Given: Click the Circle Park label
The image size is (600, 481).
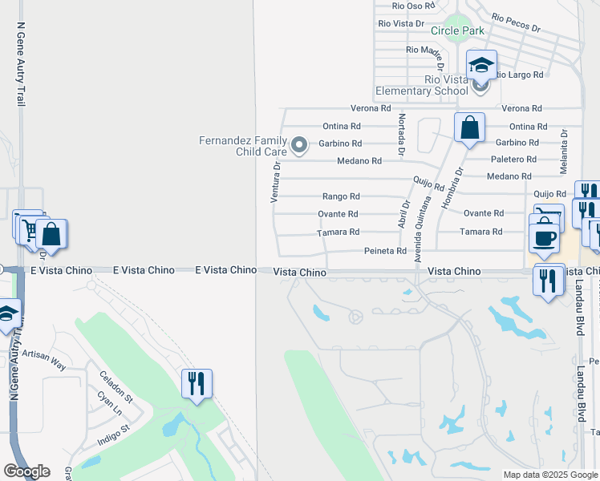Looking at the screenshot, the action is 457,30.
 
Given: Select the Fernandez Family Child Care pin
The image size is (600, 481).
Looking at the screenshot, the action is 299,145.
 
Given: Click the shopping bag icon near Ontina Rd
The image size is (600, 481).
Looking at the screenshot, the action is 469,127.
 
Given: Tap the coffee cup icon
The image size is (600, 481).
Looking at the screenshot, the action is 545,238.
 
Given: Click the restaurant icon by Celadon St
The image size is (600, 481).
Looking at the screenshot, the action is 197,383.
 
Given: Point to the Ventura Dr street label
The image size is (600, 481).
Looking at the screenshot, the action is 274,182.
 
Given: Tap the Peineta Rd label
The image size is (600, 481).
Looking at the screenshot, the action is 386,251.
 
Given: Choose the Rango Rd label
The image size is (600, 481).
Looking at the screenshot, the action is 341,196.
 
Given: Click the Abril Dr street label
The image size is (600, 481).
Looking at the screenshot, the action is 404,214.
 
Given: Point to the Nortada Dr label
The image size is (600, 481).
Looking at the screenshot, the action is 399,133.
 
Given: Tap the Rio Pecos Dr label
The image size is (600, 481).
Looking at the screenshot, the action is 516,22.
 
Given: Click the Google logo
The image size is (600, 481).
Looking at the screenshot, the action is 26,471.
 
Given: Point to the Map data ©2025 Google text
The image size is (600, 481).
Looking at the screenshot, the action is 549,475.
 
